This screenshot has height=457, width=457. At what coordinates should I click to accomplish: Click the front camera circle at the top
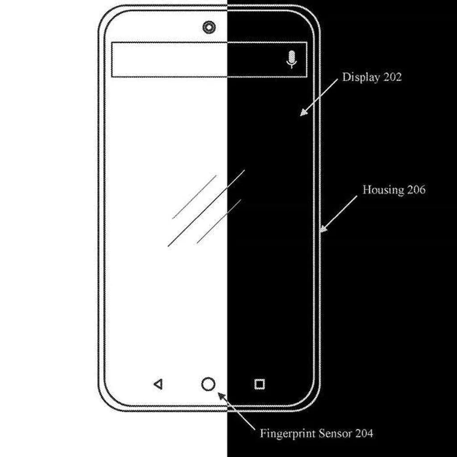tap(208, 28)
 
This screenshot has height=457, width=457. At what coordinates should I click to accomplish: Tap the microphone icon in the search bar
tap(291, 59)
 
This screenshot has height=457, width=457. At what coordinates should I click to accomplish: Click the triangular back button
tap(158, 384)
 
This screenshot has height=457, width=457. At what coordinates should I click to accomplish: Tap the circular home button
tap(208, 384)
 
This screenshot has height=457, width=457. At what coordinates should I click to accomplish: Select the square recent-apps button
tap(259, 384)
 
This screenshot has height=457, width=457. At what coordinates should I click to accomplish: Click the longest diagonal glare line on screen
tap(206, 208)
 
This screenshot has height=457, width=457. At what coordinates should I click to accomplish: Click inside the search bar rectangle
tap(196, 59)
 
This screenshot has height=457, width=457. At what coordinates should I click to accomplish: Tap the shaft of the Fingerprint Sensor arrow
tap(239, 413)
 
